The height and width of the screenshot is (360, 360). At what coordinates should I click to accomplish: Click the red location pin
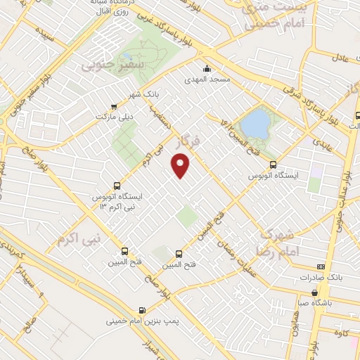(182, 166)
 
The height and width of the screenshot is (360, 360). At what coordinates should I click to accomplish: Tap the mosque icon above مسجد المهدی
(207, 69)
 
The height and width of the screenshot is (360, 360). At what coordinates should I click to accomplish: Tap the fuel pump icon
(143, 309)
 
